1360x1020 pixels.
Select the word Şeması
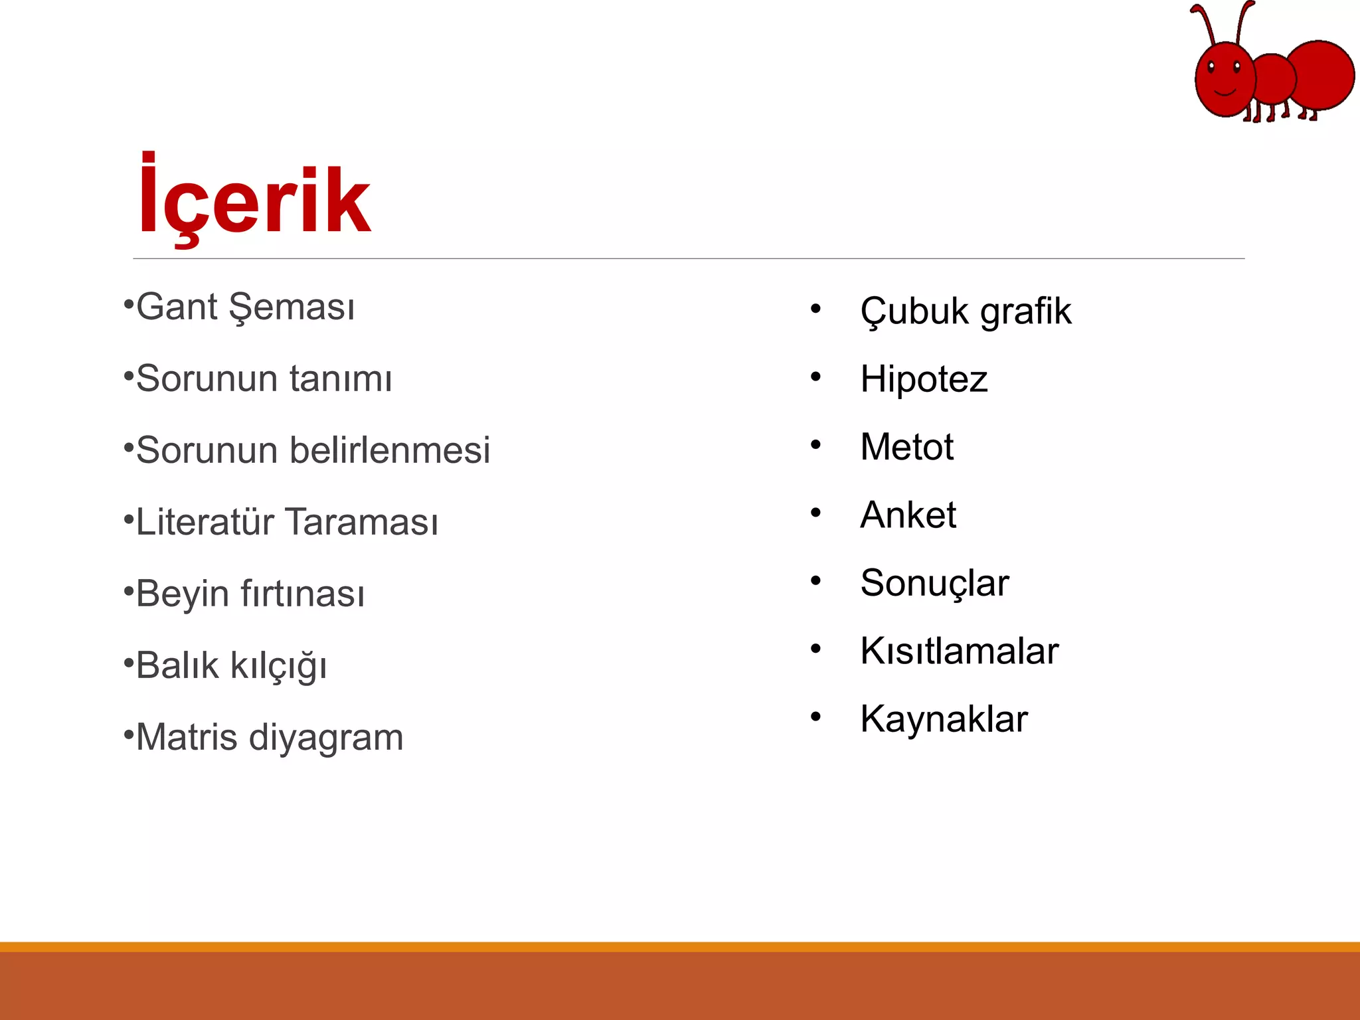[x=292, y=308]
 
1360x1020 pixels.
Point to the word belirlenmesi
[x=390, y=450]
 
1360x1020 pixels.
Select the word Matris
[x=187, y=737]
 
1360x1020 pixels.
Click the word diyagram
[x=326, y=738]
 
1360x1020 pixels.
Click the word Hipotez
[x=924, y=380]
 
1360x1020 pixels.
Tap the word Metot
[x=906, y=447]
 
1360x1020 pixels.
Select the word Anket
[x=908, y=515]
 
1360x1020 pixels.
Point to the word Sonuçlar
[x=934, y=584]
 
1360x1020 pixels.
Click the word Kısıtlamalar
[x=959, y=651]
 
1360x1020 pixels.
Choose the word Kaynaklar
[x=944, y=719]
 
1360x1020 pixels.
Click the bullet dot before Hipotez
[x=815, y=377]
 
